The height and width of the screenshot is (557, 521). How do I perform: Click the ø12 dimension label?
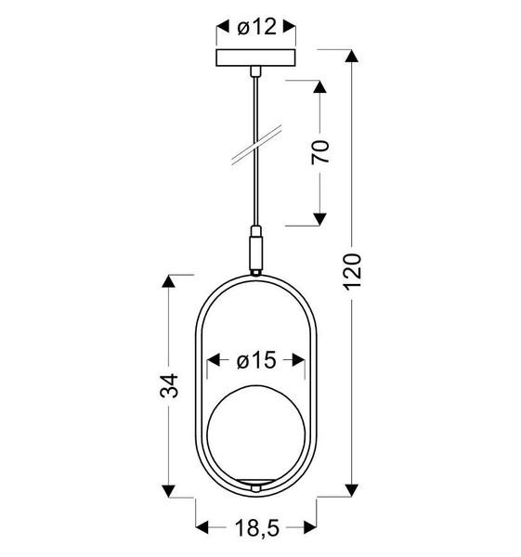coord(255,28)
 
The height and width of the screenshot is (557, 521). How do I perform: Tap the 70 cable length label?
coord(320,153)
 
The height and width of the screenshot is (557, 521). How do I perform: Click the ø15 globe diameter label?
coord(255,362)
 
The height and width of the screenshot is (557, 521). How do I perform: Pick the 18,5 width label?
coord(255,528)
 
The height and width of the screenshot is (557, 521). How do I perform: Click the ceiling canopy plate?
coord(255,59)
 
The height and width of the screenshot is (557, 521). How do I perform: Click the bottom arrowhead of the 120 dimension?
coord(352,486)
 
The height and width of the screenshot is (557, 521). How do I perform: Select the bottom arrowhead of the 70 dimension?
coord(319,219)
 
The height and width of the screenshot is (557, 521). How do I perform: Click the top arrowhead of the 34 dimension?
coord(170,281)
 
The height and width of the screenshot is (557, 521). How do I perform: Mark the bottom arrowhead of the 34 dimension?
coord(170,486)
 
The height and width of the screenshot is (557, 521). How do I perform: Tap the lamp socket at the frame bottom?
coord(255,484)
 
